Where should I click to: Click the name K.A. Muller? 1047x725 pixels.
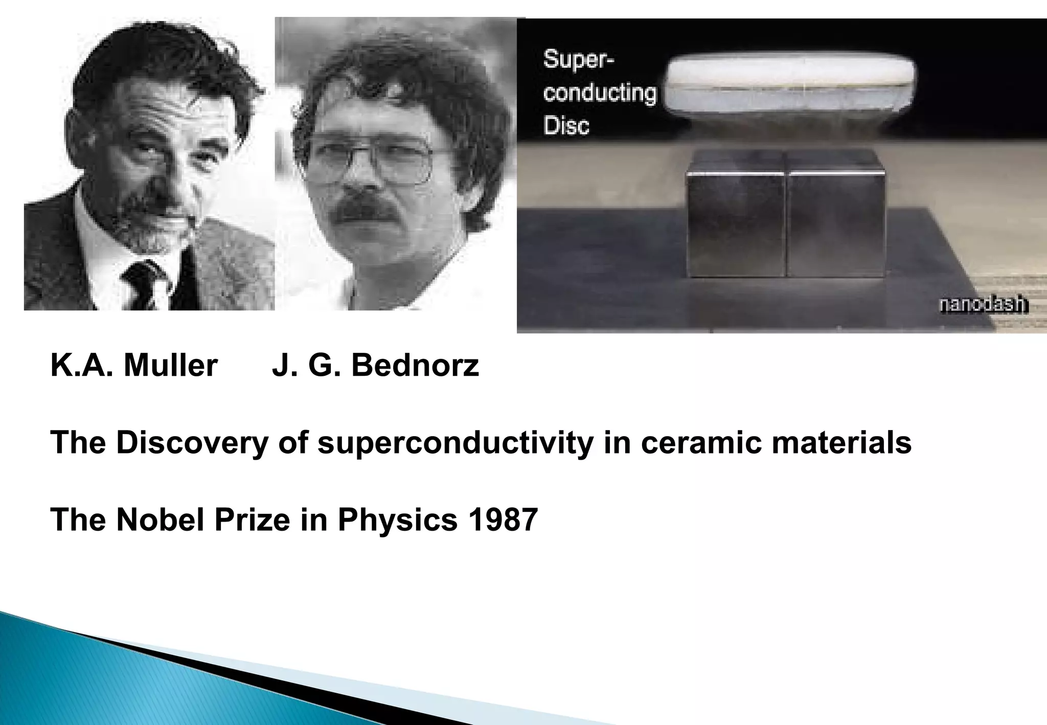[134, 366]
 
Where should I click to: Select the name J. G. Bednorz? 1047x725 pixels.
[375, 366]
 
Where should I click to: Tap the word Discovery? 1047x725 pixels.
[192, 442]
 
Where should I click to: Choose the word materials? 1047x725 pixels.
[841, 442]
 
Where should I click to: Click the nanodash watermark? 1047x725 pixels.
[983, 305]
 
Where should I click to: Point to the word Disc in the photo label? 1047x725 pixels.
[566, 126]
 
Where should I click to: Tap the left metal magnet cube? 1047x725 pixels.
[736, 225]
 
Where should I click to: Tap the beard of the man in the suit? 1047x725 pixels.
[153, 225]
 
